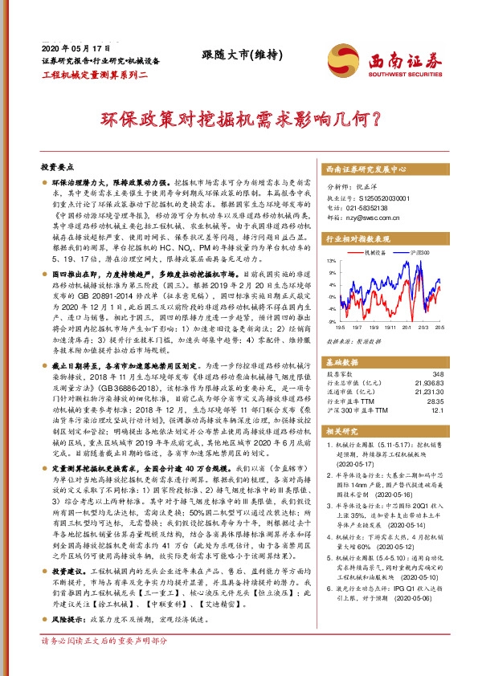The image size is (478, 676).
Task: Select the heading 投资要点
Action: [57, 167]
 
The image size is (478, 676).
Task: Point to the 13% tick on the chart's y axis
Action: [331, 261]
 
